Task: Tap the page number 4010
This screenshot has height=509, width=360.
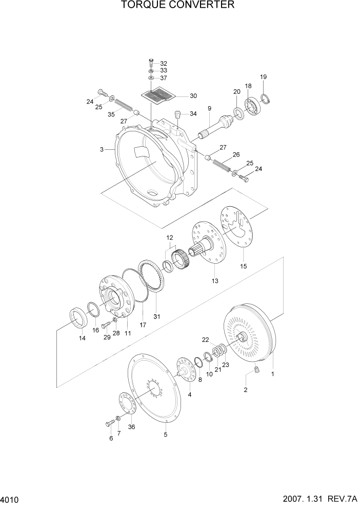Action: [x=11, y=499]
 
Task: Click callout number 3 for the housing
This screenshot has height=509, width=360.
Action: [x=102, y=149]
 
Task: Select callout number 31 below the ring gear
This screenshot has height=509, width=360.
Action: [x=157, y=316]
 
